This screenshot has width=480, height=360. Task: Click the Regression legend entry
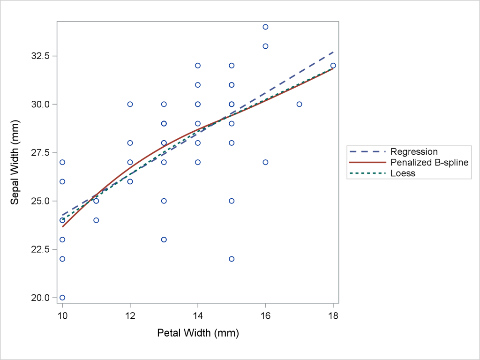(414, 151)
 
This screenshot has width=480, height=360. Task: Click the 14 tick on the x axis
(198, 316)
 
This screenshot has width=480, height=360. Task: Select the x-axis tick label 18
(333, 316)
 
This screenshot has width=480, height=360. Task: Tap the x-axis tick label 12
(130, 316)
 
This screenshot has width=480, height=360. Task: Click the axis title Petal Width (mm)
(198, 334)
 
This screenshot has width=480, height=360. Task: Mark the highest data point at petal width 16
(265, 27)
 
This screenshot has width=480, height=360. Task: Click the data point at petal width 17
(299, 104)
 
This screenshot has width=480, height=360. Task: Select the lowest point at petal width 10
(62, 297)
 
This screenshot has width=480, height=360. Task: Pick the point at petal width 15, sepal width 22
(232, 259)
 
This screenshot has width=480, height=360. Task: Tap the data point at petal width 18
(333, 66)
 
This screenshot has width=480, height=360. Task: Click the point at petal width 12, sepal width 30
(130, 104)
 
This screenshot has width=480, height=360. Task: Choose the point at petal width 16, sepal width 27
(265, 162)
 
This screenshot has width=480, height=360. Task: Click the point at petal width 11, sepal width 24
(96, 220)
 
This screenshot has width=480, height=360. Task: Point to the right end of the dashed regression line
(333, 52)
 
